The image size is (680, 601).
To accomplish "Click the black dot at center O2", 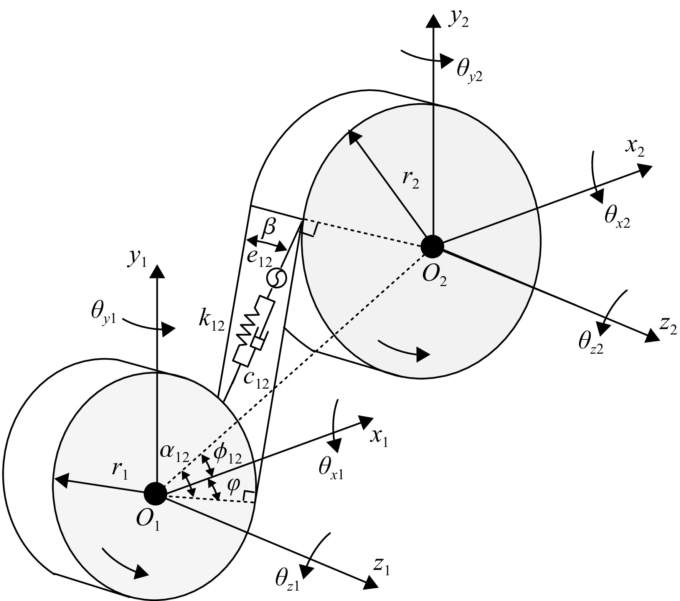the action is tap(432, 246).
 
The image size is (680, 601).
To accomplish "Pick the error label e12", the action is tap(259, 259).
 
